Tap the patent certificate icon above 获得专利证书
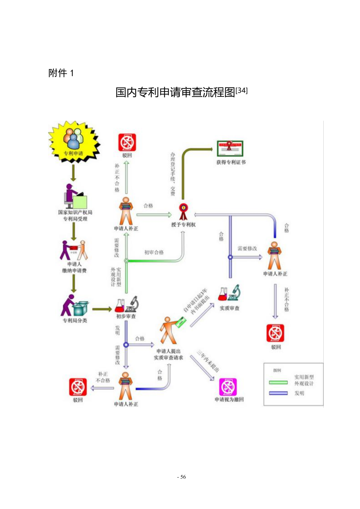click(x=230, y=148)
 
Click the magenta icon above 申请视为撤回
click(x=228, y=387)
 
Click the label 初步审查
click(x=126, y=316)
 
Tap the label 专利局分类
click(x=75, y=320)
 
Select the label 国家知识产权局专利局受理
click(x=75, y=215)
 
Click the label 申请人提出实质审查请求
click(x=168, y=354)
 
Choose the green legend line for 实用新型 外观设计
click(x=278, y=382)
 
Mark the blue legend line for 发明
click(x=278, y=393)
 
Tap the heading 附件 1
click(x=61, y=73)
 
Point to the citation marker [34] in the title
click(x=242, y=90)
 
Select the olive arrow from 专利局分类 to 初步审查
click(x=102, y=309)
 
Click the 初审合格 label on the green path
click(x=154, y=252)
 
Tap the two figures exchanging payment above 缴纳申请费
click(x=74, y=250)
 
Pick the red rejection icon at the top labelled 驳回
click(x=127, y=142)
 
